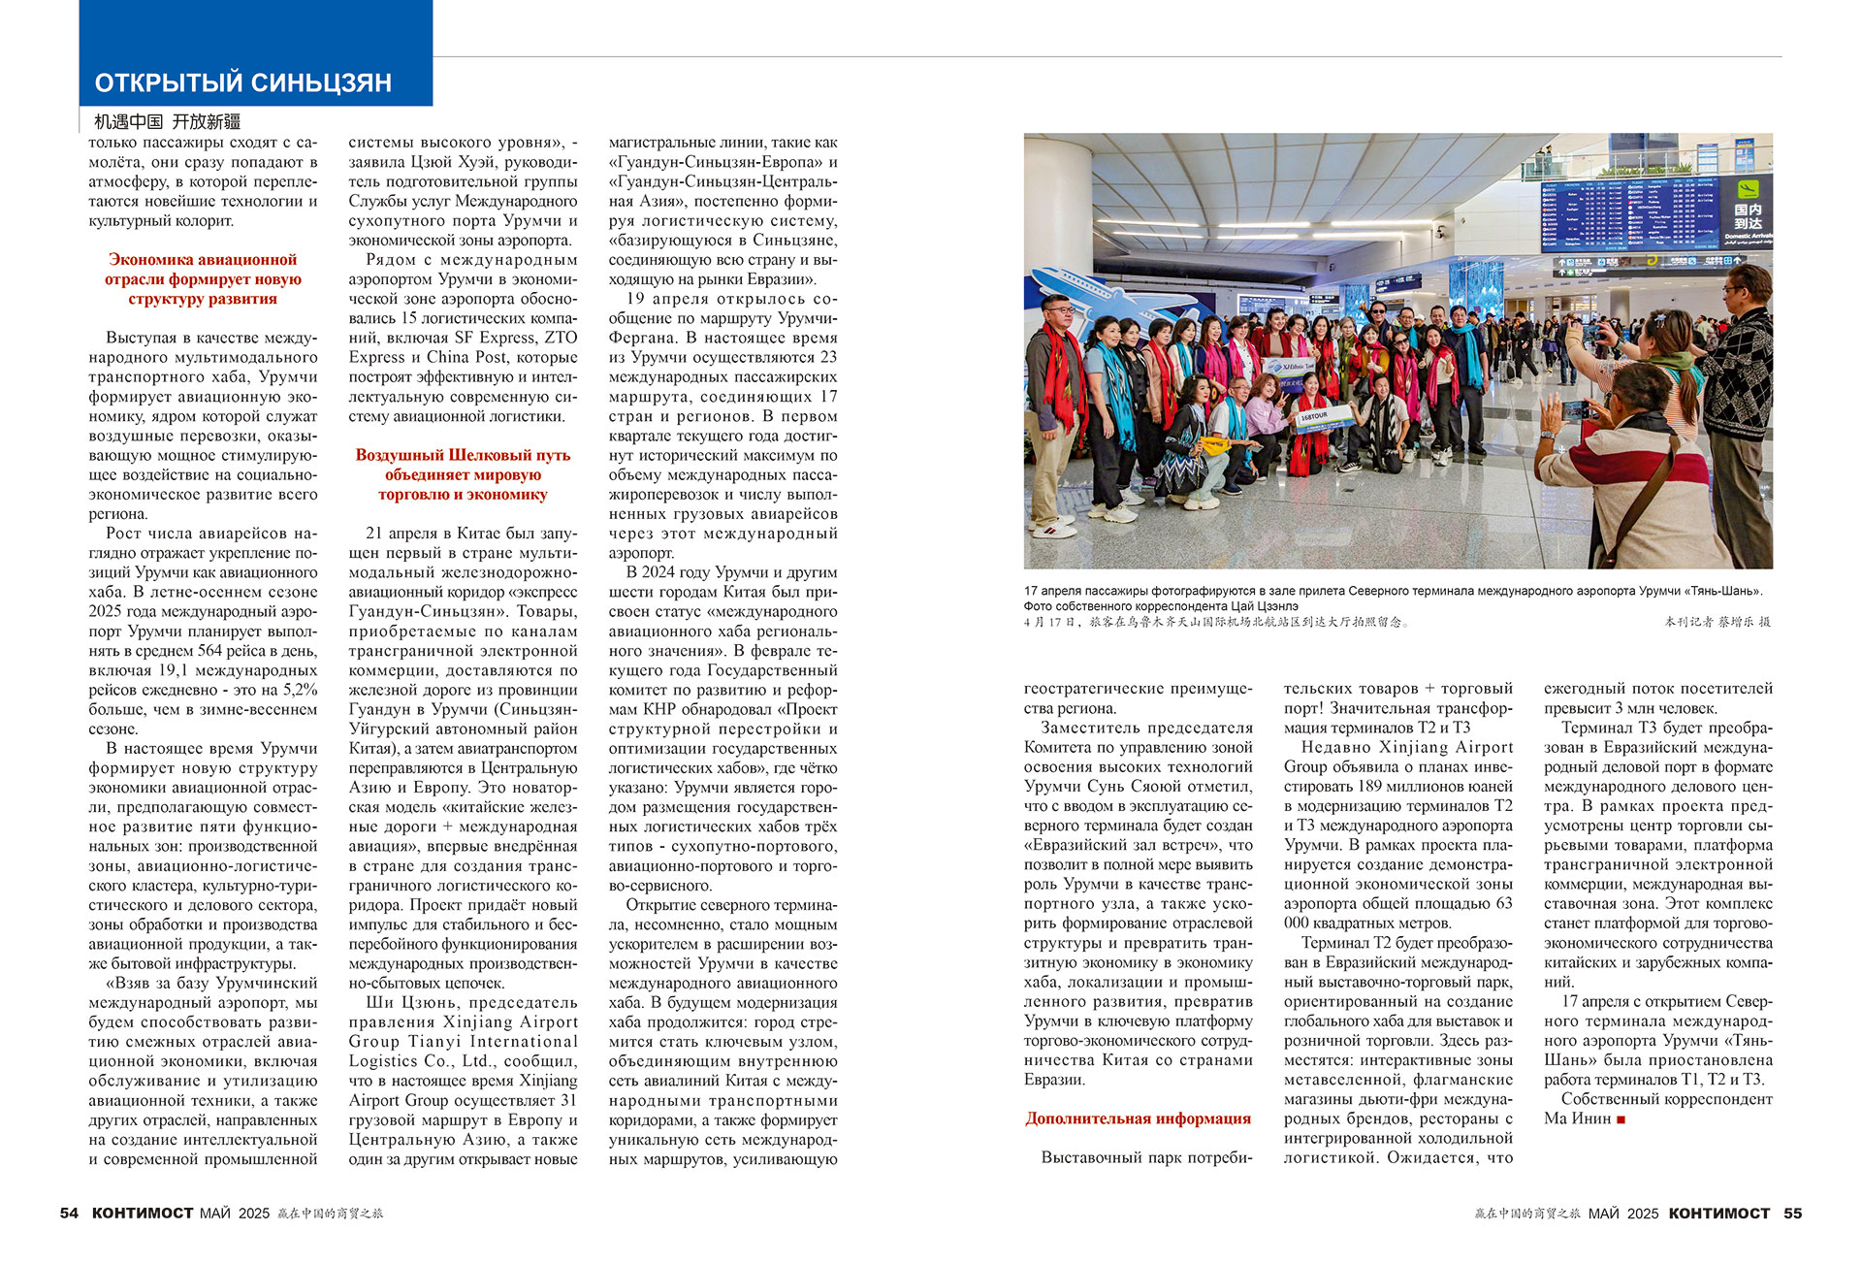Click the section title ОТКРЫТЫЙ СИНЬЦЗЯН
[x=242, y=82]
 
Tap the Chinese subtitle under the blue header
[x=167, y=121]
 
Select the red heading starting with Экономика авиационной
[x=203, y=279]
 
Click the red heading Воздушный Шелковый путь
[x=463, y=474]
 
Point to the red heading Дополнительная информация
[x=1138, y=1118]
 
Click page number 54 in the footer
[x=69, y=1213]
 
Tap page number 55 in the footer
[x=1792, y=1213]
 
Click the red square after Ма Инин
[x=1621, y=1119]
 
